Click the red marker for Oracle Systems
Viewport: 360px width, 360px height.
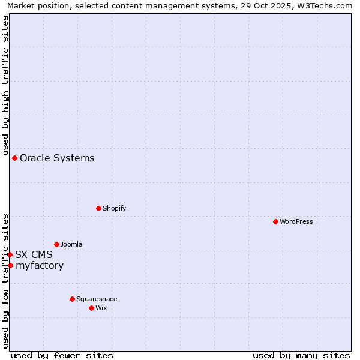(14, 158)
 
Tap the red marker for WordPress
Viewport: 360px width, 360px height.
(275, 221)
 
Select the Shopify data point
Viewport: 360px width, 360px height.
(98, 208)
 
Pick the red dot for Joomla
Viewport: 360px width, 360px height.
(56, 244)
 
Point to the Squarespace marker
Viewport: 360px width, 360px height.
(72, 299)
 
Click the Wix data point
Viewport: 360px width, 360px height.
(91, 308)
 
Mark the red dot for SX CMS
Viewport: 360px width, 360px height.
(10, 254)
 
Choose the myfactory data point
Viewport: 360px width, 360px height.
(10, 265)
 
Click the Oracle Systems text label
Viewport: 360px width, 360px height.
(57, 158)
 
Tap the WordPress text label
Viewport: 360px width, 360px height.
(296, 221)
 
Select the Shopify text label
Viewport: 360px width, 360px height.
(114, 208)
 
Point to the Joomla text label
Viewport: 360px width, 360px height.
(71, 244)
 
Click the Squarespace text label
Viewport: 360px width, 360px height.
(97, 299)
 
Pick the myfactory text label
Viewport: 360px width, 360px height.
(40, 266)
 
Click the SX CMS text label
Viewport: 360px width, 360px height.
(34, 254)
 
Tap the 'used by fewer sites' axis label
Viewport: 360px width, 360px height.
(62, 355)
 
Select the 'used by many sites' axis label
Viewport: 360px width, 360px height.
(301, 355)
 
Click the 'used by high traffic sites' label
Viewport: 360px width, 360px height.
(5, 85)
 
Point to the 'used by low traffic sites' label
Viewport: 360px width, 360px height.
(5, 280)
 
